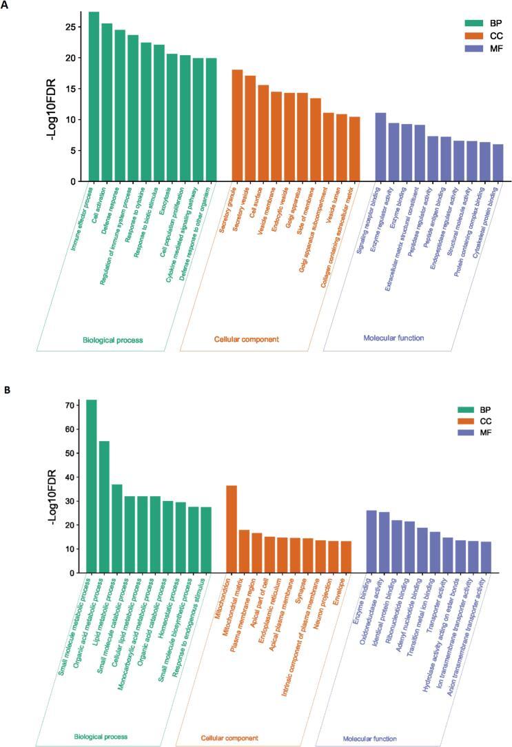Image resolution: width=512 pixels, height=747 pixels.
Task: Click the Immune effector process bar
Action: pos(94,96)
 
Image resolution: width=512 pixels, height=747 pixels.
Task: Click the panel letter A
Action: pos(6,6)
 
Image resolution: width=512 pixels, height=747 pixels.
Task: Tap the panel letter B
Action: pos(6,390)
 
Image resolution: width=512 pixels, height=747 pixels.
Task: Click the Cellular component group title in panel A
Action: pos(246,338)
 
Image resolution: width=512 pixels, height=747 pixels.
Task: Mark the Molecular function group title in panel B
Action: pos(373,738)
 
